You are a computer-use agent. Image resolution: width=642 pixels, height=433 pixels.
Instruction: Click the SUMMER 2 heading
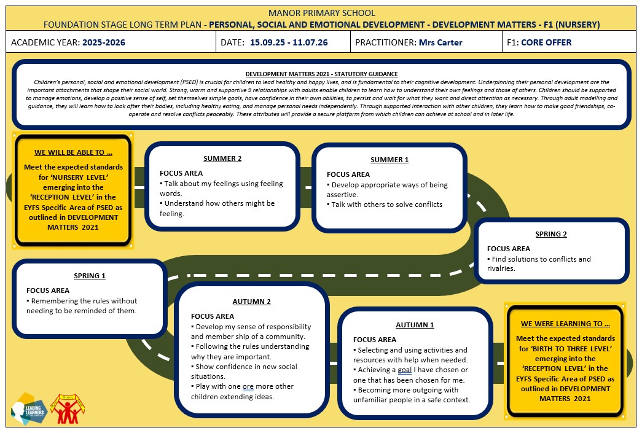(222, 158)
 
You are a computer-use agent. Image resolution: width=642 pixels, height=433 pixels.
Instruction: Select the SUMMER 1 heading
(390, 160)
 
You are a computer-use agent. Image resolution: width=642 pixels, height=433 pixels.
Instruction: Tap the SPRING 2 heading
(551, 234)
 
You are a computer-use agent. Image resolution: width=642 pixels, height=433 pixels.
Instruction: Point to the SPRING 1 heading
(90, 276)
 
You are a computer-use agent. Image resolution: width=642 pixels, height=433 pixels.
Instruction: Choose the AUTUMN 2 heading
(252, 302)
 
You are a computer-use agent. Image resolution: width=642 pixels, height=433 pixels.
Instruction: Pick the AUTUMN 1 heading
(415, 325)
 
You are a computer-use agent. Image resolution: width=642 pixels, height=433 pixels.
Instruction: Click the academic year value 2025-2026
(104, 42)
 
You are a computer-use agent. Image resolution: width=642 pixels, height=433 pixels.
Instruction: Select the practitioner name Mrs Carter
(440, 42)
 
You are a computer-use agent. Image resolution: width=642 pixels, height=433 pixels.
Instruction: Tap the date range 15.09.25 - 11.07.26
(289, 42)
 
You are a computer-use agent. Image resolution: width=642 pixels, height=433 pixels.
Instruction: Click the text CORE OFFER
(546, 42)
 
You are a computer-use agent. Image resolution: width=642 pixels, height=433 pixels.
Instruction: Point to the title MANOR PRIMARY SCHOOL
(322, 13)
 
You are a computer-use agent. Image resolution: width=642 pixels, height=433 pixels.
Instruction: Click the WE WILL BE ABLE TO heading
(73, 153)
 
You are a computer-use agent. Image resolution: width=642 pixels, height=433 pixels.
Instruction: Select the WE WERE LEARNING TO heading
(565, 324)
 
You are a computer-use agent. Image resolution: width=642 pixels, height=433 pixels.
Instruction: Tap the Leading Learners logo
(29, 409)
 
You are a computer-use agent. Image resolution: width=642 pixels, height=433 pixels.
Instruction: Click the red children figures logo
(68, 408)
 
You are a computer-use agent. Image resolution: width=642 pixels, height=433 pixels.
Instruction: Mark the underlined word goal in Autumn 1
(404, 370)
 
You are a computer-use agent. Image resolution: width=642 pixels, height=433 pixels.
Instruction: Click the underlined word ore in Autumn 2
(248, 387)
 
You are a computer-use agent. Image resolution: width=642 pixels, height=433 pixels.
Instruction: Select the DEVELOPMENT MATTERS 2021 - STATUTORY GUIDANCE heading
(322, 74)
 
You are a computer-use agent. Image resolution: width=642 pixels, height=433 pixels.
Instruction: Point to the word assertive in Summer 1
(342, 195)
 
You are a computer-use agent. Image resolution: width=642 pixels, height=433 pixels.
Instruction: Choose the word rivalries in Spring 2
(501, 268)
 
